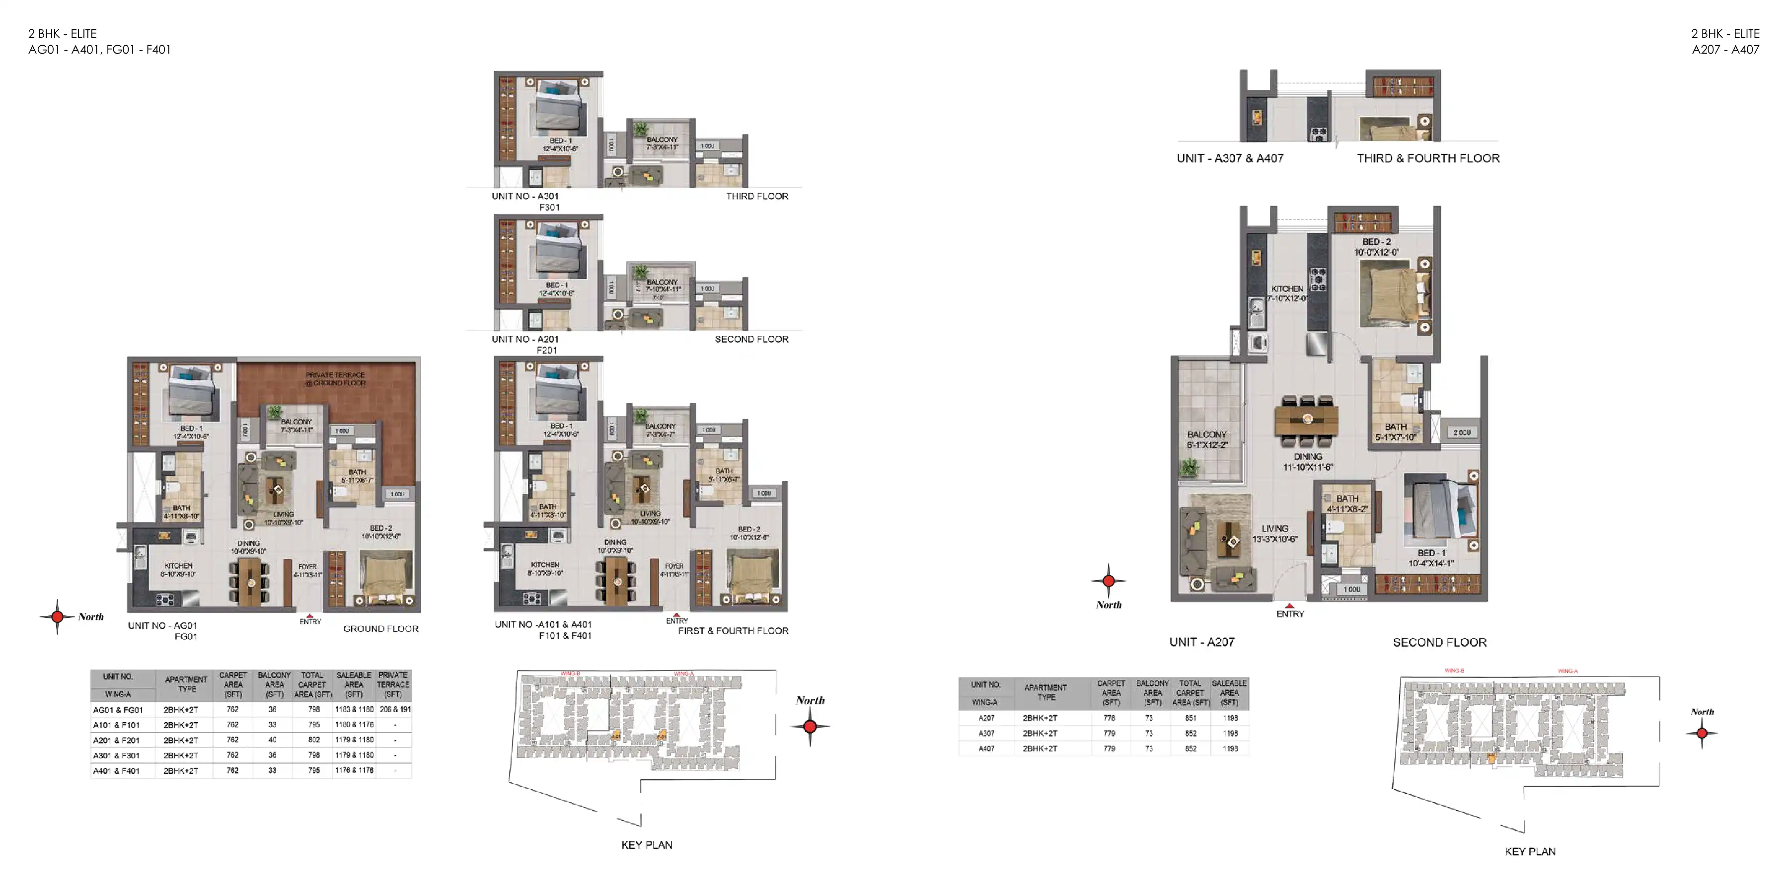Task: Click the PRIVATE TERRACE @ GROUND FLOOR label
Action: click(x=335, y=378)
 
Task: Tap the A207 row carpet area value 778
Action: click(x=1109, y=718)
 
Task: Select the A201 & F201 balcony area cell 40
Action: click(x=273, y=740)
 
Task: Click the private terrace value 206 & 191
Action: click(x=395, y=709)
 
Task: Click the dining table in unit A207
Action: click(x=1307, y=419)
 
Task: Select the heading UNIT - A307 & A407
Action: click(x=1230, y=158)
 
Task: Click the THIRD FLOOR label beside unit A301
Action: click(x=756, y=196)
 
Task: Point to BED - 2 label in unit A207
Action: click(x=1376, y=246)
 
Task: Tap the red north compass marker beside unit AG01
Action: click(x=58, y=616)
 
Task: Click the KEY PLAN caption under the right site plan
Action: click(x=1530, y=852)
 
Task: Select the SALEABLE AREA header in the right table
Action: click(x=1229, y=693)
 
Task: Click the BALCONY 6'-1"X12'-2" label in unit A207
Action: click(x=1206, y=440)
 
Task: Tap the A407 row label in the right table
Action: click(x=986, y=749)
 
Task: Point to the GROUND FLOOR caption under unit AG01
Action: click(x=380, y=629)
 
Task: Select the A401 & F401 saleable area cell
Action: click(x=354, y=770)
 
